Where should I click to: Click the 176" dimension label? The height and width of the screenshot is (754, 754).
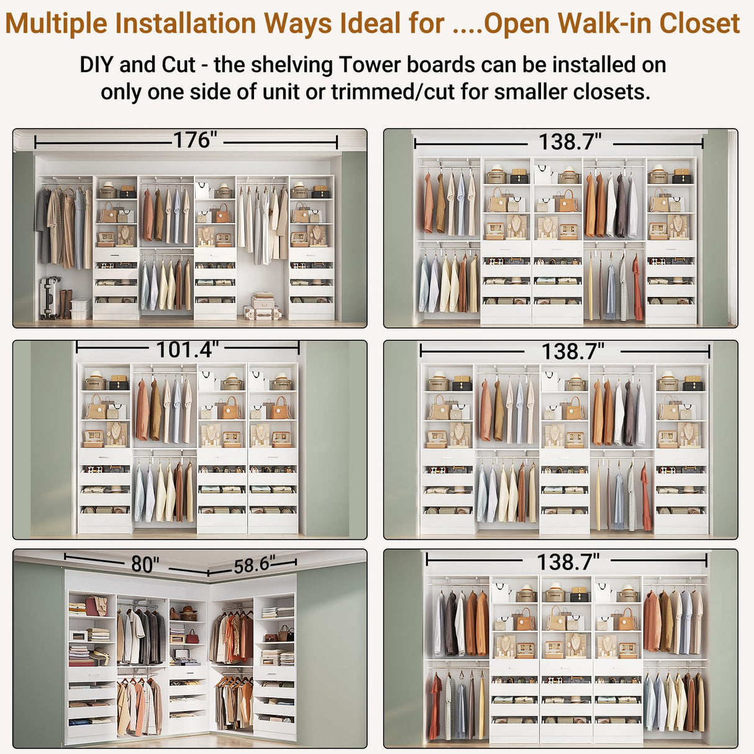pos(195,140)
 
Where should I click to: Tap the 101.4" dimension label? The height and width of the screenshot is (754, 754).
pos(187,350)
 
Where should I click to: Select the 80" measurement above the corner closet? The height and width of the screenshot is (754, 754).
pos(145,564)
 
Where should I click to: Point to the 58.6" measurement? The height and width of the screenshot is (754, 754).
pos(254,565)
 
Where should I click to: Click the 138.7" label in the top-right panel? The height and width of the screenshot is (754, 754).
pos(570,142)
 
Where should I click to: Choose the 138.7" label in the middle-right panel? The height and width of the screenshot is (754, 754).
pos(573,352)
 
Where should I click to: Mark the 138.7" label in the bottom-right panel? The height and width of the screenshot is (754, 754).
pos(568,562)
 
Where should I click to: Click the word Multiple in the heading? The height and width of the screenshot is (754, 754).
pos(57,24)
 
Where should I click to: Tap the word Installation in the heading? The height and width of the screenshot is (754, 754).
pos(186,24)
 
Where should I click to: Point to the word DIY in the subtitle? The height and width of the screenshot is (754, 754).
pos(96,65)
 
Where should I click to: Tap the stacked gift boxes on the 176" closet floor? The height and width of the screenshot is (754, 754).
pos(263,307)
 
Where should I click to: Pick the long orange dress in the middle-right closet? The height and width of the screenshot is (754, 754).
pos(646,497)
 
